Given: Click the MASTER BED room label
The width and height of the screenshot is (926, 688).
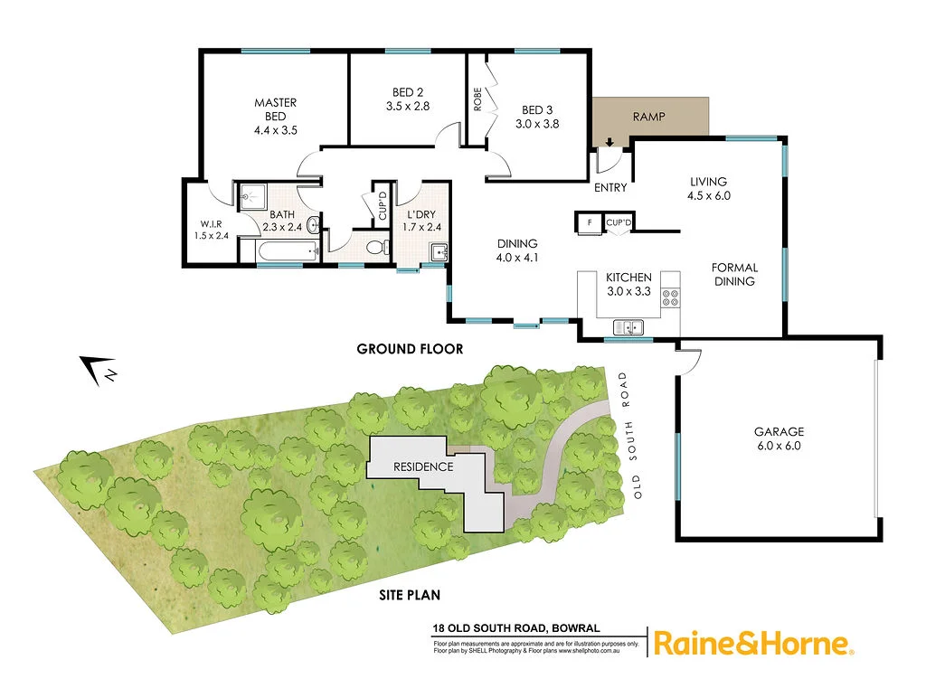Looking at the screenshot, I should click(x=275, y=117).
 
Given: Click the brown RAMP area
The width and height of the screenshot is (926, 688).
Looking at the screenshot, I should click(x=651, y=118).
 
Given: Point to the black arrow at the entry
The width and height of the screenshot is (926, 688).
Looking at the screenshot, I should click(x=609, y=141).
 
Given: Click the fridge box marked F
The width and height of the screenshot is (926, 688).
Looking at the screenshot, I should click(x=590, y=221).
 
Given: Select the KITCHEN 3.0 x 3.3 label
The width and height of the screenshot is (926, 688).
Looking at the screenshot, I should click(x=628, y=286).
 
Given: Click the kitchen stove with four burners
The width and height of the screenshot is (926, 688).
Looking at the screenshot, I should click(x=670, y=299).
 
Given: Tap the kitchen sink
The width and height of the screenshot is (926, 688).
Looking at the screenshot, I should click(x=628, y=327).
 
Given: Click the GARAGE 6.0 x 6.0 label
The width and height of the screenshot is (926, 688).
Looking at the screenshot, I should click(x=779, y=438).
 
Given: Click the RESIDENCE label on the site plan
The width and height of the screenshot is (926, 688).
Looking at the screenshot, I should click(x=422, y=467).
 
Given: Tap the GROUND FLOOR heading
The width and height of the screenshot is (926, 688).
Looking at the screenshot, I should click(x=410, y=349).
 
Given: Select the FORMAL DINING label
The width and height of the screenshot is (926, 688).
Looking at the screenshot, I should click(x=734, y=275).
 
